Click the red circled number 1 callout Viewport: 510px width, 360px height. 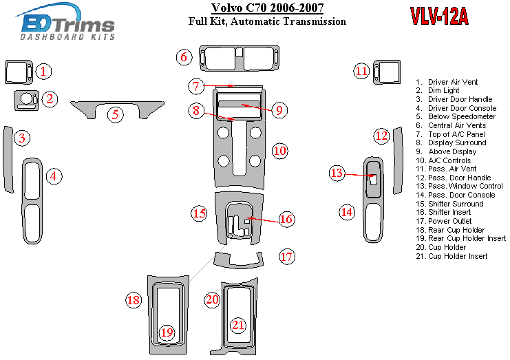click(43, 71)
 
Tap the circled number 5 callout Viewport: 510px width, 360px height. click(116, 114)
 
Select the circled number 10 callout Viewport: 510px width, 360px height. click(279, 151)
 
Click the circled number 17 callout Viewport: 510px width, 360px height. click(286, 257)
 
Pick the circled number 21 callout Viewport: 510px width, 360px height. click(238, 325)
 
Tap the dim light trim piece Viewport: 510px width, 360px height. click(25, 100)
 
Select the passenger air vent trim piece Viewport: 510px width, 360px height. click(387, 71)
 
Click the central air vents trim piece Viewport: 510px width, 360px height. click(239, 58)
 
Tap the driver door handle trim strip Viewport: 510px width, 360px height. click(9, 159)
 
